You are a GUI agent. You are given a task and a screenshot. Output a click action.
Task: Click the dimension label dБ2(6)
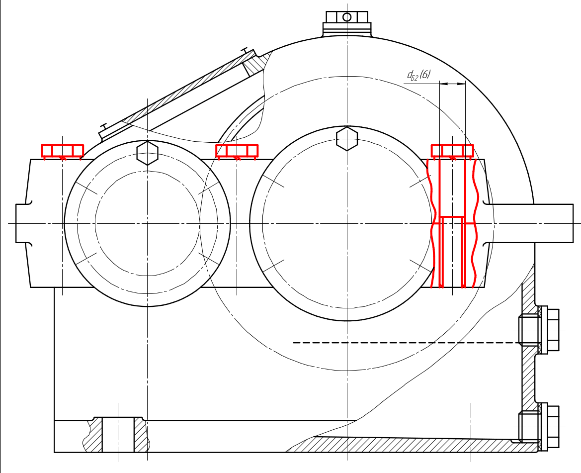pyautogui.click(x=419, y=75)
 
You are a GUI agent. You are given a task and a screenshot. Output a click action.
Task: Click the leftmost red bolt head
pyautogui.click(x=62, y=151)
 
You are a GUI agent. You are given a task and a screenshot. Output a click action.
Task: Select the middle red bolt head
pyautogui.click(x=237, y=151)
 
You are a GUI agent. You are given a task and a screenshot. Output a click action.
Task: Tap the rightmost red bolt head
pyautogui.click(x=452, y=151)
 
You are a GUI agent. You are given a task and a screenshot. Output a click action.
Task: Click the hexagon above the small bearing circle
pyautogui.click(x=148, y=153)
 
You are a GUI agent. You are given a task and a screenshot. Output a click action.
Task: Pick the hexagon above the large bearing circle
pyautogui.click(x=347, y=139)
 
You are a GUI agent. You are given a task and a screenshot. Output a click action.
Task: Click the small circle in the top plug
pyautogui.click(x=347, y=17)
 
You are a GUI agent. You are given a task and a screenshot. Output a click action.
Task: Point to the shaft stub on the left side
pyautogui.click(x=23, y=223)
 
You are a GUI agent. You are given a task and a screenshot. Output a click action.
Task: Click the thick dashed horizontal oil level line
pyautogui.click(x=406, y=343)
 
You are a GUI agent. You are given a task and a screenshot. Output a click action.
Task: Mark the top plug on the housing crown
pyautogui.click(x=347, y=24)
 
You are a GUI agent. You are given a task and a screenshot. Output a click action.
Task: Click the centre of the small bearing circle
pyautogui.click(x=148, y=223)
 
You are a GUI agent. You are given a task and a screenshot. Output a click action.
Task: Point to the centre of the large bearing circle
pyautogui.click(x=347, y=223)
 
